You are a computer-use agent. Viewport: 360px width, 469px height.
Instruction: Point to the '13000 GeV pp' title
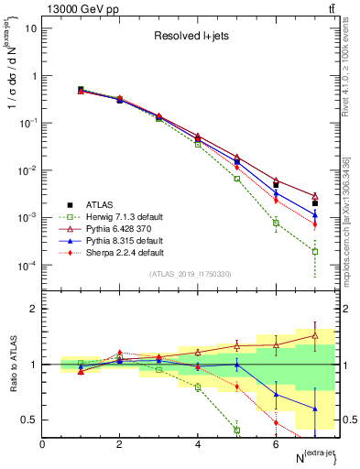pos(73,8)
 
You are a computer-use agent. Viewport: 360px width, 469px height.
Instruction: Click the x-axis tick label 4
pos(198,444)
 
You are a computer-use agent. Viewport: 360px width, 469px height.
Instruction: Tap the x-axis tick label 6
pos(276,444)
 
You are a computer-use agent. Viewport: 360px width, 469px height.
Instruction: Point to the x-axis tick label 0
pos(42,444)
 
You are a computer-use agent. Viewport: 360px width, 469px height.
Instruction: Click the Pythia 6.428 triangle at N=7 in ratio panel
pos(314,335)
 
